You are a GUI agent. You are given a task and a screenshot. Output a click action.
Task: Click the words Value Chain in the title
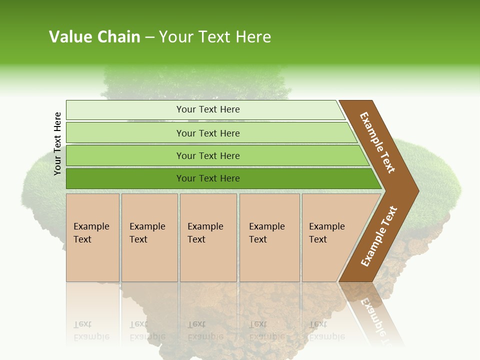click(94, 37)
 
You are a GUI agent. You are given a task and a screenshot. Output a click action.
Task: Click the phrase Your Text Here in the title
click(215, 37)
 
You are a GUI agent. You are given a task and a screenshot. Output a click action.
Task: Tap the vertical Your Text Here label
click(57, 143)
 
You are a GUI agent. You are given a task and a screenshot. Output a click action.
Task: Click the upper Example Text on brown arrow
click(377, 142)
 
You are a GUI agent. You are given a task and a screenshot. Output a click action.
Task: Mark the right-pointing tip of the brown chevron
click(415, 191)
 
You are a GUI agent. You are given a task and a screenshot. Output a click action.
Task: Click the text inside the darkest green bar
click(208, 178)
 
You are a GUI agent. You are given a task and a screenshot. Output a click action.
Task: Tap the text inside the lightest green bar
click(208, 109)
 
